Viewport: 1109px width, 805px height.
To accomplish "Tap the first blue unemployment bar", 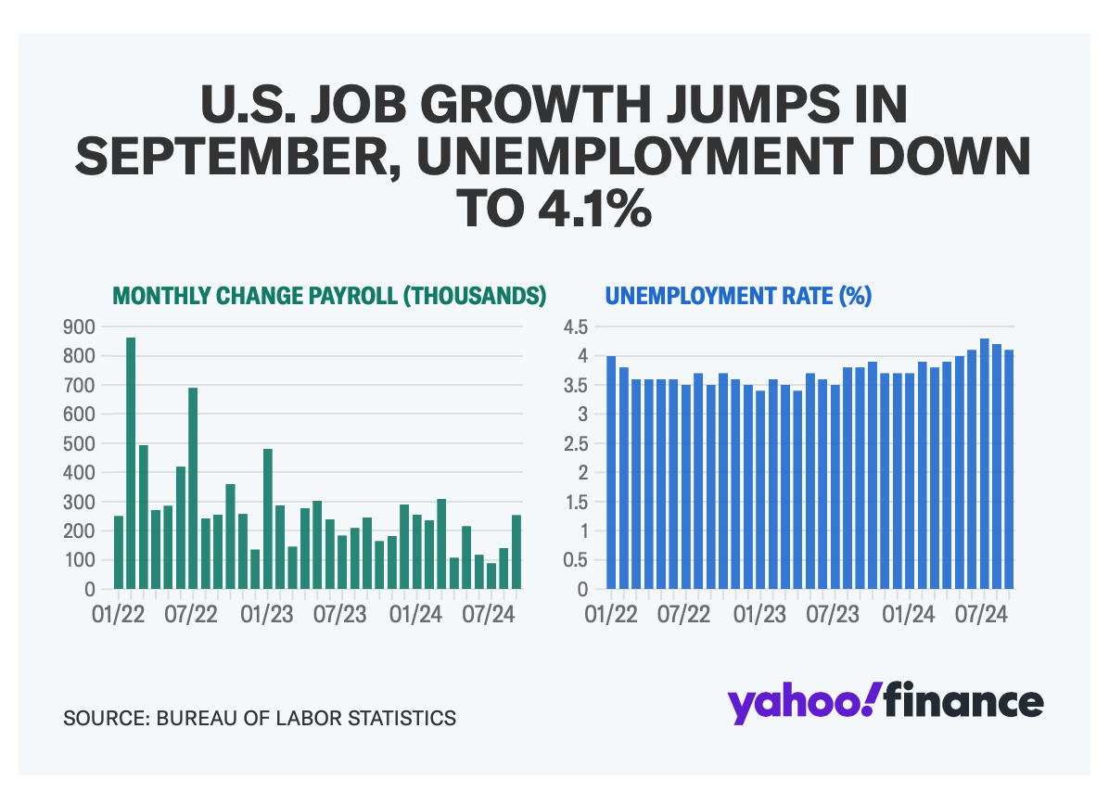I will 611,472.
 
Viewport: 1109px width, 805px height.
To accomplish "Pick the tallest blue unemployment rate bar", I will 985,463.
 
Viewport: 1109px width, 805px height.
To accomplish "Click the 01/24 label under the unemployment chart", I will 910,615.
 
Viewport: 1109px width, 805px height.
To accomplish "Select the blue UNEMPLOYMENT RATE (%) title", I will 737,296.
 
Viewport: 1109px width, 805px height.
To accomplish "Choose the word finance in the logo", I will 962,702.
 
